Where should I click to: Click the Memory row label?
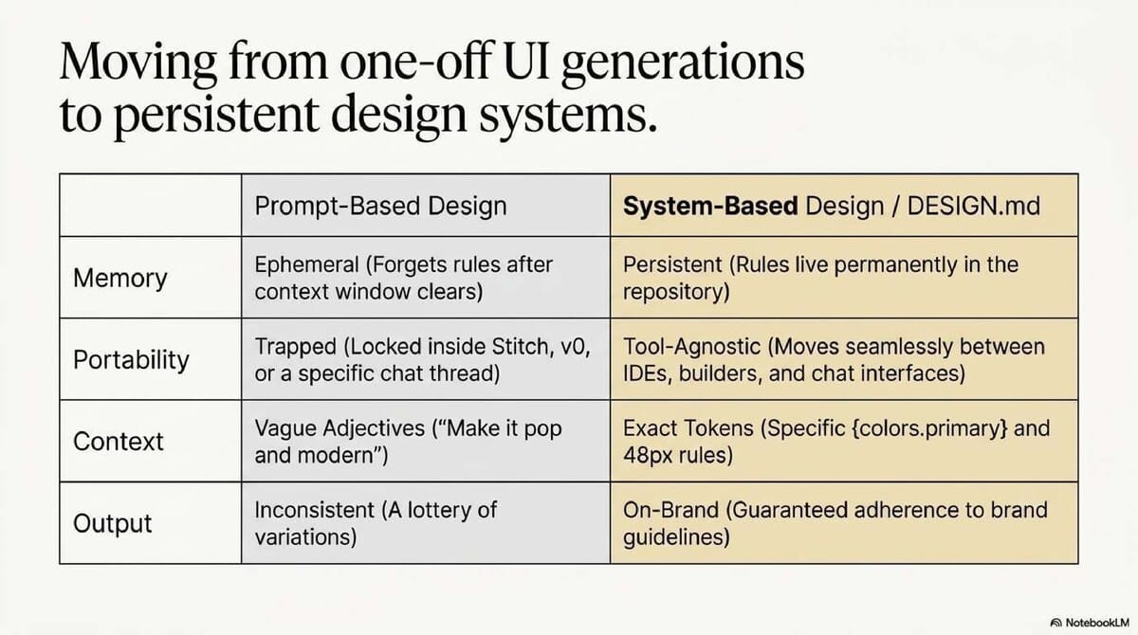pyautogui.click(x=119, y=279)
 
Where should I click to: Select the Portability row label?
pyautogui.click(x=131, y=360)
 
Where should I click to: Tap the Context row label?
pyautogui.click(x=119, y=442)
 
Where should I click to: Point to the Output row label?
pyautogui.click(x=112, y=524)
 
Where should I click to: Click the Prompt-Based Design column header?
pyautogui.click(x=380, y=206)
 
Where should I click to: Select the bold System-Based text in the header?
pyautogui.click(x=709, y=206)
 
